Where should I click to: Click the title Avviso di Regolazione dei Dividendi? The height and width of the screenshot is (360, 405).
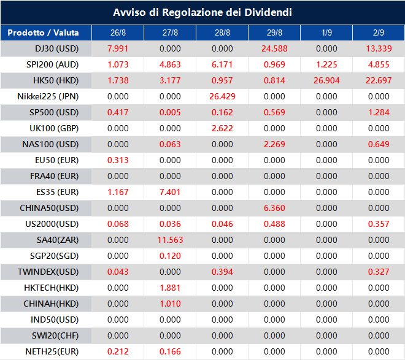click(202, 12)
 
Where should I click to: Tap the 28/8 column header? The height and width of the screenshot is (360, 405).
click(222, 33)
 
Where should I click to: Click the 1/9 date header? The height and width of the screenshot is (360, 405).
click(326, 33)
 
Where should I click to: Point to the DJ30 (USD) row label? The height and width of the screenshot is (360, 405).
click(48, 48)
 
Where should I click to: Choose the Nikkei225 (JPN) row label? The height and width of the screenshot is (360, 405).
click(48, 96)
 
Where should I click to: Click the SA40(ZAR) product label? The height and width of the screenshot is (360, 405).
click(48, 240)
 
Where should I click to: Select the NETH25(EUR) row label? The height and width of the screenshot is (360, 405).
click(48, 351)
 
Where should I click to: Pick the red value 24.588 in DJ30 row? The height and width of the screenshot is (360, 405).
click(274, 48)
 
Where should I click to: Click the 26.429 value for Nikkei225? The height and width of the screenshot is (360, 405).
click(222, 96)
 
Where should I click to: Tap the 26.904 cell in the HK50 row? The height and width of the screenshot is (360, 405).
click(326, 80)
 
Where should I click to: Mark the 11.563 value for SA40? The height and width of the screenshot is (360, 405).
click(170, 240)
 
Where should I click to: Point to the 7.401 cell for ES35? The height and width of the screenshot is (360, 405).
click(170, 192)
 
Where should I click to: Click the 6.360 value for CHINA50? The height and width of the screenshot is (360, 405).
click(274, 208)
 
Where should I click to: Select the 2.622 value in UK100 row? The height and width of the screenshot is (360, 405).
click(222, 128)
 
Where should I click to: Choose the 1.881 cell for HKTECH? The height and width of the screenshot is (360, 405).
click(170, 288)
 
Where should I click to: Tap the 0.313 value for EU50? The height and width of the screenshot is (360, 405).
click(118, 160)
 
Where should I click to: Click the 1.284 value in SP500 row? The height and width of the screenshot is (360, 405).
click(379, 112)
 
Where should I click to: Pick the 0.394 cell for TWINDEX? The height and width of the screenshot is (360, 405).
click(222, 272)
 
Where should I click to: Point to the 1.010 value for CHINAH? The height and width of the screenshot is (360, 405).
click(170, 304)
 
